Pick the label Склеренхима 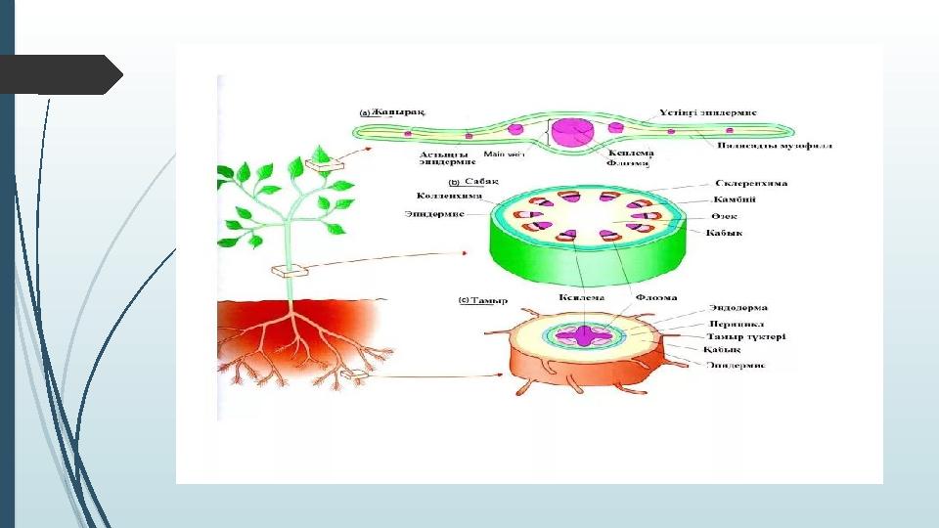point(752,183)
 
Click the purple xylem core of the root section point(586,335)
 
